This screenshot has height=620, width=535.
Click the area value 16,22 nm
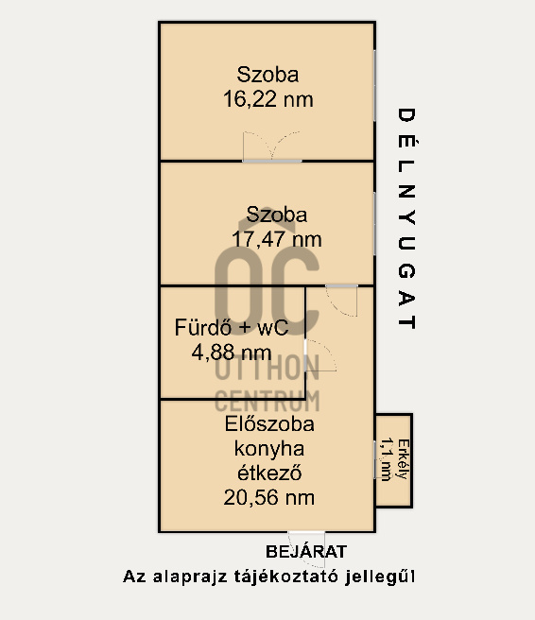268,98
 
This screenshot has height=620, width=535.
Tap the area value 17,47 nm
276,240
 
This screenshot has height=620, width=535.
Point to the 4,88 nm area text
231,353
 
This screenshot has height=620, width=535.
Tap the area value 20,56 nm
269,497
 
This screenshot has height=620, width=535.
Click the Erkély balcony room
394,460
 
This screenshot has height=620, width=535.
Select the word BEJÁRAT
306,552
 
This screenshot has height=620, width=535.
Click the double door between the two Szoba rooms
272,148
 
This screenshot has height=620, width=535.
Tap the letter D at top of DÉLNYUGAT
406,115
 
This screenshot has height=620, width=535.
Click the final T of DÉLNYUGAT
406,321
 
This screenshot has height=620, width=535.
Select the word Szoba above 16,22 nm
268,75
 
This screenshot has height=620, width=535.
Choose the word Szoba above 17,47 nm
277,215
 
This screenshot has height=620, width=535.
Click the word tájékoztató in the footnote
297,577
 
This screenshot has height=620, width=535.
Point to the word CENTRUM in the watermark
267,399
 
